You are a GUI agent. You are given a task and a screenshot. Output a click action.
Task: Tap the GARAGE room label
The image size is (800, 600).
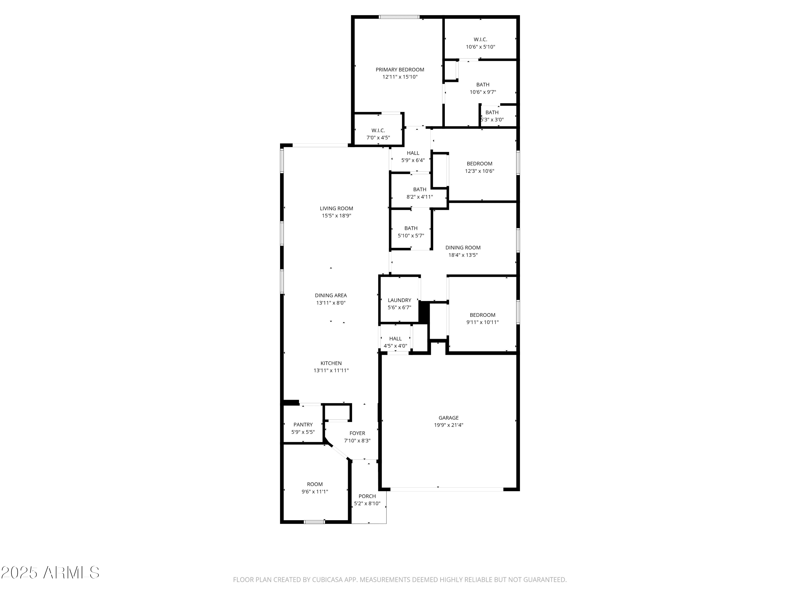coord(449,418)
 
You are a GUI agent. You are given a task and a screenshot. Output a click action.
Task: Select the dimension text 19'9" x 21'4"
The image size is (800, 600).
coord(449,425)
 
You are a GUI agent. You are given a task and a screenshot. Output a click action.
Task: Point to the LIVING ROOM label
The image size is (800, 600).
coord(336,208)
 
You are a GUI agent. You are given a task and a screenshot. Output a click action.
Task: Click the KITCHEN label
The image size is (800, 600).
coord(331,363)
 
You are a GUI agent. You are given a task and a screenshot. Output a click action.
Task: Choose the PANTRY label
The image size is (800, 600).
coord(303,425)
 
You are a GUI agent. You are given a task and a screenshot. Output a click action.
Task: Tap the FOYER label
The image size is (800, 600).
coord(357,433)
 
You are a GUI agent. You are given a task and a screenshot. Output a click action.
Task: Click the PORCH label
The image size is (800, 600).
coord(367,496)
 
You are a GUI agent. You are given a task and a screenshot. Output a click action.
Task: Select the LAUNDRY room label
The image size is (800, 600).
coord(399,300)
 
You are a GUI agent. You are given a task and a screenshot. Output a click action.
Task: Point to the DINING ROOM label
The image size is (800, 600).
coord(463,248)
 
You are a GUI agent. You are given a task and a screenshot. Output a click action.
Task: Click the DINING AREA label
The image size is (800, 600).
coord(331,295)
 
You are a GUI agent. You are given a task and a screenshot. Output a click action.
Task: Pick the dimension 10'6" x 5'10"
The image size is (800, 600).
coord(480,47)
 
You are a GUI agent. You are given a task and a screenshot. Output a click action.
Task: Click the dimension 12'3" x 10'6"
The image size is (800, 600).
coord(479,171)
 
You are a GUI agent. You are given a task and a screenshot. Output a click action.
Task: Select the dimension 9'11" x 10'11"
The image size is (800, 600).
coord(482,322)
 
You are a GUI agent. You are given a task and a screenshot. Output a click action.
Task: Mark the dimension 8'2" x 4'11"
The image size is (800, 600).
coord(419,197)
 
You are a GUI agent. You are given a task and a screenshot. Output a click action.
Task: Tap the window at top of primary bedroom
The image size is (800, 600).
coord(399,17)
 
